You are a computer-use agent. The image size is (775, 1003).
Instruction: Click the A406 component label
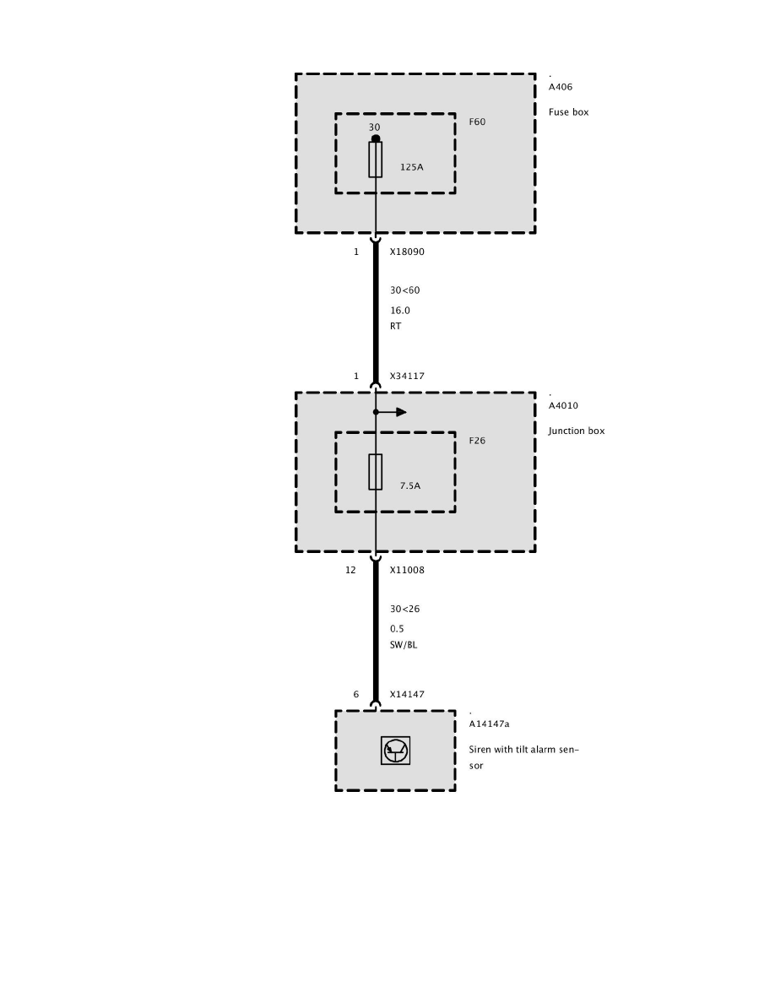tap(561, 87)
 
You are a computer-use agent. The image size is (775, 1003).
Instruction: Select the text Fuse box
tap(568, 111)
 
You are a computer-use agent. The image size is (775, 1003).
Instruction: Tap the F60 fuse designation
tap(477, 122)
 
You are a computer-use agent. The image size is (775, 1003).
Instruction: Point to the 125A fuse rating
tap(411, 167)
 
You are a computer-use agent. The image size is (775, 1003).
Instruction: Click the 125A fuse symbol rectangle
tap(376, 160)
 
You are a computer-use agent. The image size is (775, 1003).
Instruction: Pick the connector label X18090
tap(407, 252)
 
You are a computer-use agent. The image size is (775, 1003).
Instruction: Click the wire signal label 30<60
tap(404, 290)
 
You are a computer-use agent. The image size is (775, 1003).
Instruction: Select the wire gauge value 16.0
tap(399, 310)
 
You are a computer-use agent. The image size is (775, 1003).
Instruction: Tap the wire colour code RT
tap(395, 325)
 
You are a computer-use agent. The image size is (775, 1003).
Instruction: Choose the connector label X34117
tap(407, 376)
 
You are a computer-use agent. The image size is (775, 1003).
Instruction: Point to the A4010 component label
tap(563, 405)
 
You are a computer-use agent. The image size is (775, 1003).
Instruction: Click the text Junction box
tap(576, 431)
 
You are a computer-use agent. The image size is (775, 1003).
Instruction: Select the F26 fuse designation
tap(477, 441)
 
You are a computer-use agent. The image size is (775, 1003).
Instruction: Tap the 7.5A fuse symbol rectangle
tap(376, 472)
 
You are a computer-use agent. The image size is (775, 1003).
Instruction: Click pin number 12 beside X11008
tap(350, 570)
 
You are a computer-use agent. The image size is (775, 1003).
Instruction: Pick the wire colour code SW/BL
tap(404, 644)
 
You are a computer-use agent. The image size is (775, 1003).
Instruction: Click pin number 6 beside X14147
tap(355, 694)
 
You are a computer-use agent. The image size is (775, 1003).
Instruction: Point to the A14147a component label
tap(489, 724)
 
